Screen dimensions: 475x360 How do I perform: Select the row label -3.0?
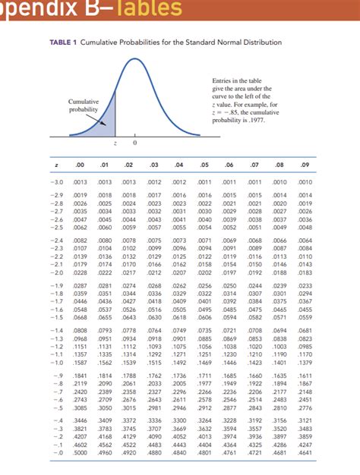(57, 183)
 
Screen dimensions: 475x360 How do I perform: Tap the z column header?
(58, 164)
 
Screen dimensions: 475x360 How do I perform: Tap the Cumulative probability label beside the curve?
(83, 105)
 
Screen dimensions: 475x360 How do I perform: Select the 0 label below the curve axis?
(134, 143)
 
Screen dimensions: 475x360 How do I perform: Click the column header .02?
(130, 164)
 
